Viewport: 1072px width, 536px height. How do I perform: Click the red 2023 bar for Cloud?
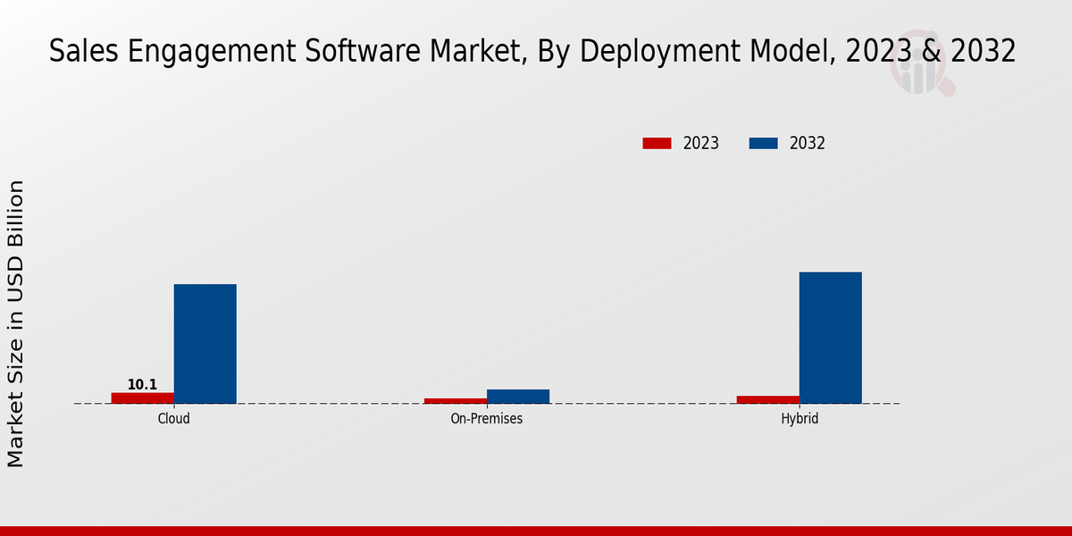point(143,398)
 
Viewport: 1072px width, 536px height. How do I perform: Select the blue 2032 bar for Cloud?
point(205,344)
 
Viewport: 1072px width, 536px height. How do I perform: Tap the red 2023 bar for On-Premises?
point(456,401)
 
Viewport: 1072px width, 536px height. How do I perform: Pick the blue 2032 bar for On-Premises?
point(518,397)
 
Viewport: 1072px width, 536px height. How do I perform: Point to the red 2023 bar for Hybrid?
point(768,399)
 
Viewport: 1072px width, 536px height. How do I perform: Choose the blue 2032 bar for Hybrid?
point(831,338)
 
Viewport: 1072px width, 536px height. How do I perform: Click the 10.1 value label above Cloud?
point(142,385)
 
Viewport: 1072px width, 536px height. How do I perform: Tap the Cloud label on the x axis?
point(173,418)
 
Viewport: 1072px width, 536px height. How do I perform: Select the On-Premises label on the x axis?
point(487,418)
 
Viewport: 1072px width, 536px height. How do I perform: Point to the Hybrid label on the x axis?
point(800,418)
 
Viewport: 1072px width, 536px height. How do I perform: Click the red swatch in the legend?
point(657,143)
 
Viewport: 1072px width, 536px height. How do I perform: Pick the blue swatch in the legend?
point(763,143)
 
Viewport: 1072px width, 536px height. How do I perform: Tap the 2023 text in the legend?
point(701,143)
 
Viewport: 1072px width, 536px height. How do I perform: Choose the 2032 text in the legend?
point(808,143)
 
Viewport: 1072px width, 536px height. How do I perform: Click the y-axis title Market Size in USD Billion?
point(16,323)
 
